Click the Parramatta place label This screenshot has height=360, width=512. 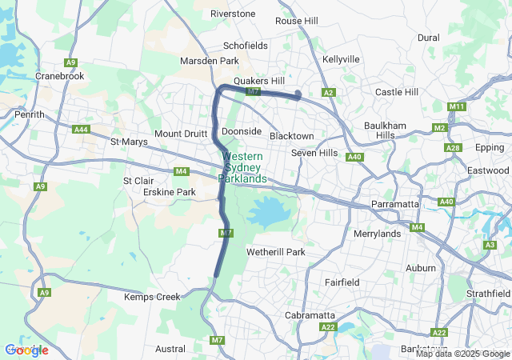(x=396, y=205)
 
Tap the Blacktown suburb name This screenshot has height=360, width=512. (x=291, y=136)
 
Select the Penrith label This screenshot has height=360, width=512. (x=30, y=114)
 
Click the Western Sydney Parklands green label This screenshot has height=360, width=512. (x=243, y=167)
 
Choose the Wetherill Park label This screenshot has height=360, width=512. (x=276, y=252)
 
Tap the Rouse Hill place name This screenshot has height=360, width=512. (x=297, y=21)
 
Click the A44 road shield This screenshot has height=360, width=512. (x=81, y=130)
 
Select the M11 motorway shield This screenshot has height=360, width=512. (x=457, y=106)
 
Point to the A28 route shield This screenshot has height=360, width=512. (x=454, y=148)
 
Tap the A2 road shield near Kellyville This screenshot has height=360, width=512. (x=328, y=93)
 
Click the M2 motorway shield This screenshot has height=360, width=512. (x=439, y=128)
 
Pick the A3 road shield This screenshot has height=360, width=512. (x=490, y=244)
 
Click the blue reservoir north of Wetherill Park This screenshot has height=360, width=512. (x=266, y=213)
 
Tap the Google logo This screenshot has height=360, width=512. (x=26, y=350)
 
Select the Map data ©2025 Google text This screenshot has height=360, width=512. (x=462, y=354)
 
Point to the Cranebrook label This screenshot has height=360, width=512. (x=59, y=75)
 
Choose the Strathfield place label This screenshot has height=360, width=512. (x=488, y=294)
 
